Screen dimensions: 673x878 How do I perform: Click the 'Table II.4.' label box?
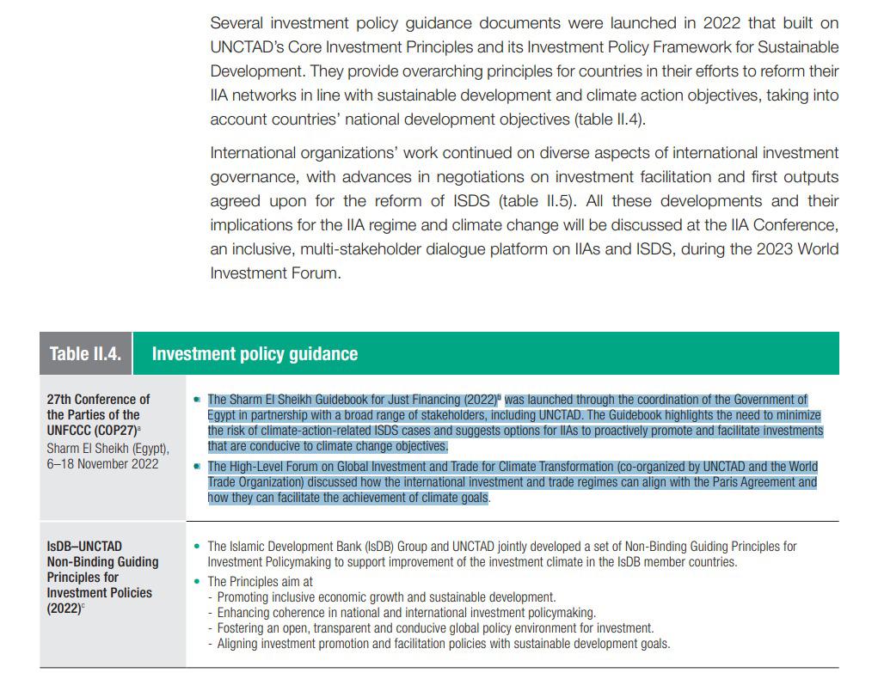[x=85, y=354]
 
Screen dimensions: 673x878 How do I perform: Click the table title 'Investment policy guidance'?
[x=255, y=354]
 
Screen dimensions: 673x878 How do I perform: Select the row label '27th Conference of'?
[x=98, y=400]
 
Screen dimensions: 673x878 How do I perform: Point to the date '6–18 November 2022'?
[x=102, y=463]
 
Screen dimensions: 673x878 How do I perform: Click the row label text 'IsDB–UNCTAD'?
[x=84, y=546]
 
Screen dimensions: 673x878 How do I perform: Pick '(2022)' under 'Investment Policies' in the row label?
[x=64, y=609]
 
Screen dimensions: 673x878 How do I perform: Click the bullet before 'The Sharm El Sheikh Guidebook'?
[x=197, y=400]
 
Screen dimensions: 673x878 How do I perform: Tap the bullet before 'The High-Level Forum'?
[x=197, y=467]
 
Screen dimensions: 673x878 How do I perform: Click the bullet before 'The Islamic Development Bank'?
[x=197, y=546]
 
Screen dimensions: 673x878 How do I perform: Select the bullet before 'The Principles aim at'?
[x=197, y=582]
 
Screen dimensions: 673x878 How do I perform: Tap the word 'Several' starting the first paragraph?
[x=238, y=22]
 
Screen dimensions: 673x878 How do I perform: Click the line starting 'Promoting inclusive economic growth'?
[x=386, y=597]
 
